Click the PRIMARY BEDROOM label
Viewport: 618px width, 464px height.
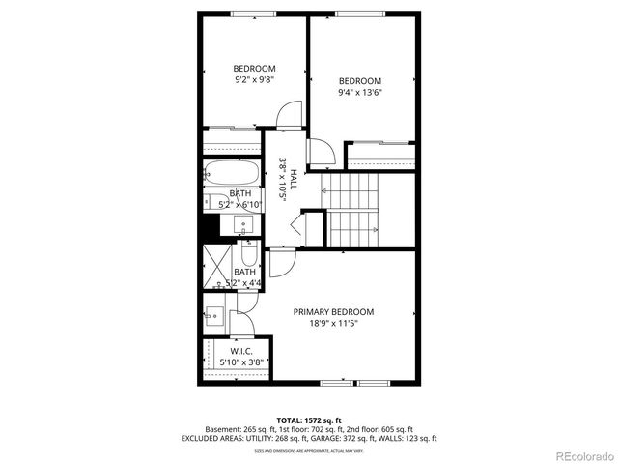(x=333, y=311)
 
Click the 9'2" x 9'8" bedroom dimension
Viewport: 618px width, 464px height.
(x=254, y=80)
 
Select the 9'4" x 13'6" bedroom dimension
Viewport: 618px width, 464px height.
(x=359, y=94)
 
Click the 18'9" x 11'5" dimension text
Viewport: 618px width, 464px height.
(x=333, y=324)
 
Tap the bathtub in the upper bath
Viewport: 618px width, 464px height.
(x=232, y=177)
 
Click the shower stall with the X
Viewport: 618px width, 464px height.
(x=216, y=266)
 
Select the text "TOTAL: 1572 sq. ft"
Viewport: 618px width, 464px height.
(x=309, y=420)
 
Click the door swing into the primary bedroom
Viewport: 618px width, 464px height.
(x=282, y=262)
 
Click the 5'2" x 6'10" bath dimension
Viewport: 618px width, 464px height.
(x=239, y=205)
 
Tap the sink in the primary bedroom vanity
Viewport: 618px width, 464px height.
(x=213, y=315)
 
